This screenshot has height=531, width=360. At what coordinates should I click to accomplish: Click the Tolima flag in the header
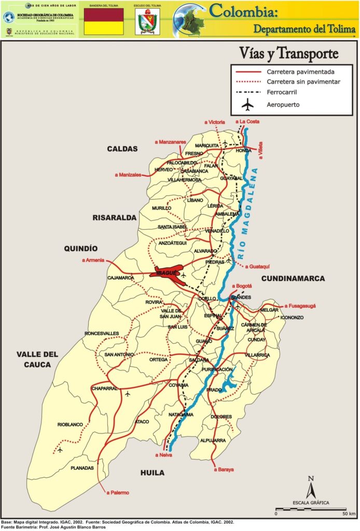click(x=104, y=22)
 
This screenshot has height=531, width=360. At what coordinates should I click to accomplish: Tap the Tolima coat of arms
click(x=147, y=22)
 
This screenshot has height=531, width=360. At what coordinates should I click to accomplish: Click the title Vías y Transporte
click(x=288, y=53)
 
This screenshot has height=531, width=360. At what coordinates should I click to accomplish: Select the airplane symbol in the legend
click(x=248, y=105)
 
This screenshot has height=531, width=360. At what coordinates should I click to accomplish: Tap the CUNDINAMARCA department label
click(x=293, y=278)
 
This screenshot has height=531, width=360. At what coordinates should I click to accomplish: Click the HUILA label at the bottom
click(x=153, y=472)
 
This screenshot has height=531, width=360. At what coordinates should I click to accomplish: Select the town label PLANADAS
click(x=82, y=468)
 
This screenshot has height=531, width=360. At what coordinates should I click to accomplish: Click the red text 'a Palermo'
click(x=117, y=492)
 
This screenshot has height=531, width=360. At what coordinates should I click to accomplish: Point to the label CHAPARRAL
click(x=105, y=388)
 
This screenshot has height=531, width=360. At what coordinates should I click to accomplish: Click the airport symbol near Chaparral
click(x=128, y=394)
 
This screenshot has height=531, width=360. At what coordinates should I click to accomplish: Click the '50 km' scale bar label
click(x=349, y=513)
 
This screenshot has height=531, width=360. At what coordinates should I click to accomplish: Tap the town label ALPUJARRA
click(x=213, y=440)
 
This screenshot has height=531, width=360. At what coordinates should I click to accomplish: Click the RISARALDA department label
click(x=114, y=217)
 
